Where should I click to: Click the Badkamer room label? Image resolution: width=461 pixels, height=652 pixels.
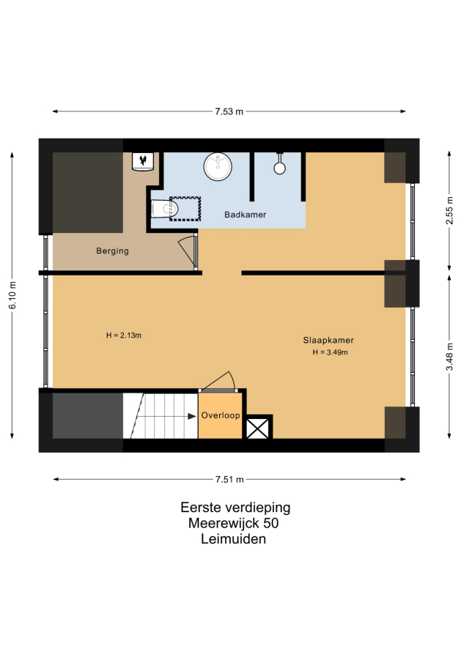pos(245,215)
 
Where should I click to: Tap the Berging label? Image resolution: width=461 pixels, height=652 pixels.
pos(112,251)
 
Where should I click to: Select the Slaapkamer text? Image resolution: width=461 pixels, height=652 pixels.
pos(328,340)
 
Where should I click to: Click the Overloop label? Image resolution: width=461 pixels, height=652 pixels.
pos(221,415)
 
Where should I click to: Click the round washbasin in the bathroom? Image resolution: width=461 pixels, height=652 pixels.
pos(218,166)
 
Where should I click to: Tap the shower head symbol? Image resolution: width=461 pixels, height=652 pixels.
pos(279,165)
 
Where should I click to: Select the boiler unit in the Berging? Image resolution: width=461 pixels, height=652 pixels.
pos(143,161)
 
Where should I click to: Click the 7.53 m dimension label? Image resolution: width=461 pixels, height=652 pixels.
pos(229,111)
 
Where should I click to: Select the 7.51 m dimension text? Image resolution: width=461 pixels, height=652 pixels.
pos(229,479)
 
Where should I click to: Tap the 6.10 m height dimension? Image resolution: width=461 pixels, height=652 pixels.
pos(12,294)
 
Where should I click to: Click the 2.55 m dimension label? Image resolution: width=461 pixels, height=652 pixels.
pos(449,210)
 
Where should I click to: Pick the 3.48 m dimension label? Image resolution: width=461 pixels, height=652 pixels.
pos(449,356)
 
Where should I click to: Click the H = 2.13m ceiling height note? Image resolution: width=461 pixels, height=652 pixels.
pos(124,335)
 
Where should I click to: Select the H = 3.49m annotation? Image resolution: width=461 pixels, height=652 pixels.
pos(331,352)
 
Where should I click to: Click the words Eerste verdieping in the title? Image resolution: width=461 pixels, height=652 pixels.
pos(235,507)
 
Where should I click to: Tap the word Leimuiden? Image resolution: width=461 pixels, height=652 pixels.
pos(233,539)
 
